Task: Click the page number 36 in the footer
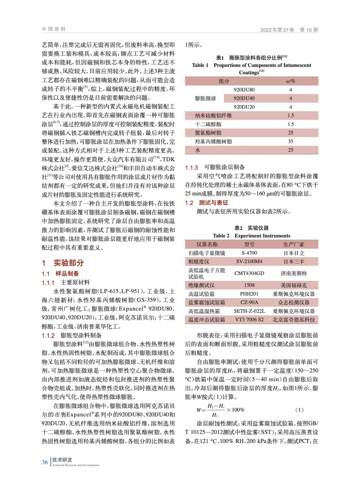tap(45, 462)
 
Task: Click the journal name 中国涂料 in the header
tap(54, 29)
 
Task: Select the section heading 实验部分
tap(69, 263)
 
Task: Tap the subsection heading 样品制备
tap(67, 273)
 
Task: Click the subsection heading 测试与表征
tap(214, 203)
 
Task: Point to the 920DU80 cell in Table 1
tap(244, 90)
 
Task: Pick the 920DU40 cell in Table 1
tap(244, 98)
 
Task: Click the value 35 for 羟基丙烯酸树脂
tap(291, 141)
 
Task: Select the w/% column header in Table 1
tap(291, 81)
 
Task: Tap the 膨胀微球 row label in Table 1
tap(205, 98)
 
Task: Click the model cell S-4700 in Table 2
tap(249, 253)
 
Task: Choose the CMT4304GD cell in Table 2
tap(249, 273)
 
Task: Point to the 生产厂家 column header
tap(294, 244)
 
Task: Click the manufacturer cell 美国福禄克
tap(294, 285)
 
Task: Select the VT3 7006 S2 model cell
tap(249, 319)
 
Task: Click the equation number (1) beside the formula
tap(299, 410)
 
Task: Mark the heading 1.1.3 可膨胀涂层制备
tap(215, 167)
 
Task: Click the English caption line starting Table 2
tap(251, 236)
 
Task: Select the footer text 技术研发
tap(62, 460)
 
